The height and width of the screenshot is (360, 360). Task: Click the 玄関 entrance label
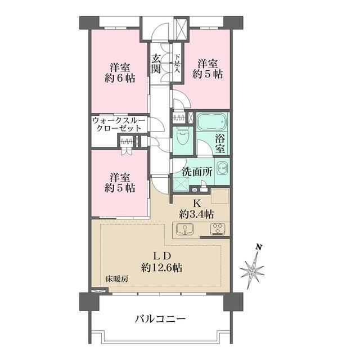(x=156, y=64)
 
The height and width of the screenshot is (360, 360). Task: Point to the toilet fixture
(x=183, y=137)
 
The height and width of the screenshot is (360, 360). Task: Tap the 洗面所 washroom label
(x=196, y=172)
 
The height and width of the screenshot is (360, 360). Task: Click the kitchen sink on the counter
(x=184, y=229)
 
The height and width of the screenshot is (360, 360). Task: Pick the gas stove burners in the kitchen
(x=217, y=229)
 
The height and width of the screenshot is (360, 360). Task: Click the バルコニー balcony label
(x=160, y=319)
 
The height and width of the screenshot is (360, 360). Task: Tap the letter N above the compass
(x=258, y=247)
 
